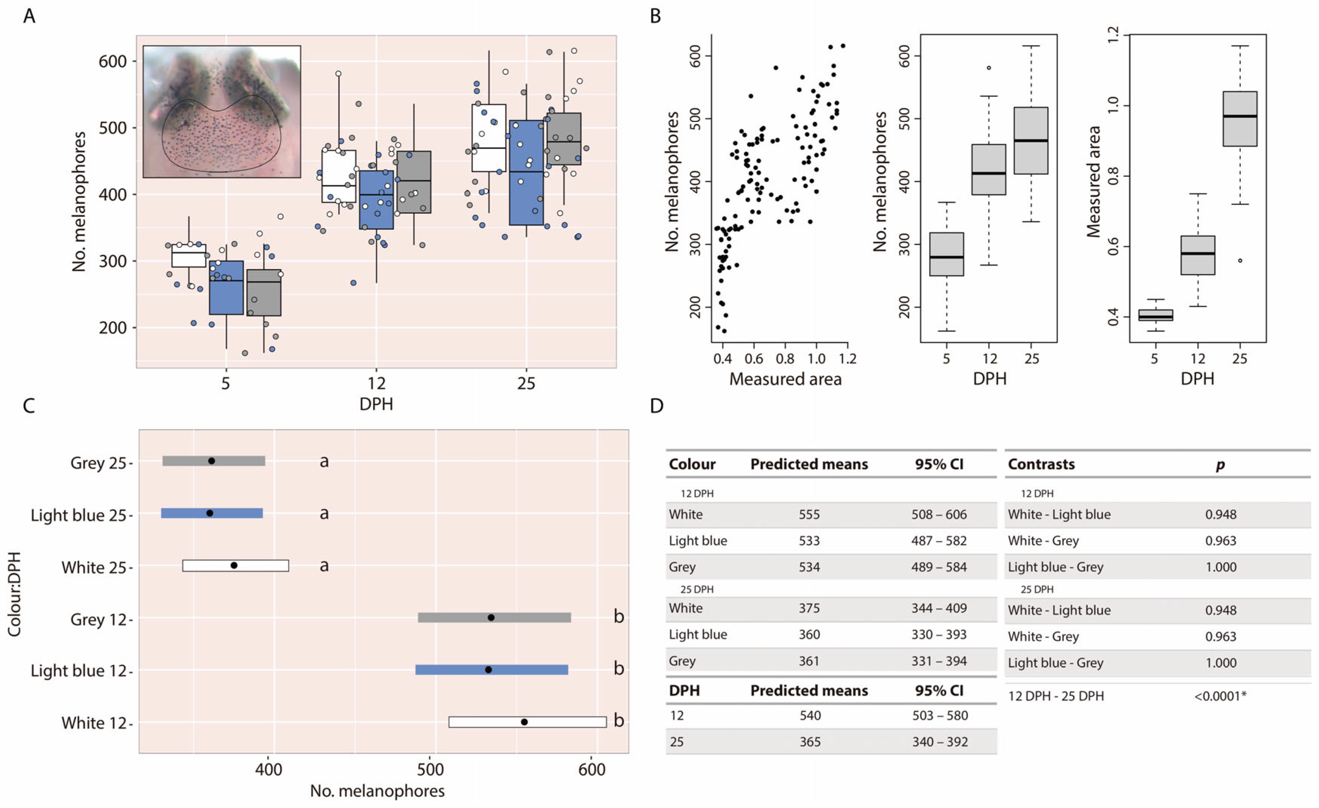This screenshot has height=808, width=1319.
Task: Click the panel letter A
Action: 29,16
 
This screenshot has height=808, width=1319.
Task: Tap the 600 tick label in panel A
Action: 113,62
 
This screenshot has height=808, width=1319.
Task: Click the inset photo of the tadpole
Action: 222,111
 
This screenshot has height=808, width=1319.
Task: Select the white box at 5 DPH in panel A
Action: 189,255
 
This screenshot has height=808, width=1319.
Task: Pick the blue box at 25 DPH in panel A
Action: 526,172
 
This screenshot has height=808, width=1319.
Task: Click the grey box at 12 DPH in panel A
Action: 414,182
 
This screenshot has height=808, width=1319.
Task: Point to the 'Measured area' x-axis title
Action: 785,379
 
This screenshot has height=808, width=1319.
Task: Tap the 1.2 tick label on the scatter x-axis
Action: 848,358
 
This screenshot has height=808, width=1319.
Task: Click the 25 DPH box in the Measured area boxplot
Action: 1240,119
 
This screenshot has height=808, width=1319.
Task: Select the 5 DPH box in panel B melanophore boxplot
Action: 946,254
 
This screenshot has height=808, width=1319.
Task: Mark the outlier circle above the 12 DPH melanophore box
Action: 989,68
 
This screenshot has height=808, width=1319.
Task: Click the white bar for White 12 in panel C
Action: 527,722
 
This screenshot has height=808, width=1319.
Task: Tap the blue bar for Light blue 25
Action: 212,513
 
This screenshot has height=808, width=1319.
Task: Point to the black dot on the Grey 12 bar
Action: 491,618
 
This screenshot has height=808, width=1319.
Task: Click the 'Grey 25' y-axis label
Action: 98,462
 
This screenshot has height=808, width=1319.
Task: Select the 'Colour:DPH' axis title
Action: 14,594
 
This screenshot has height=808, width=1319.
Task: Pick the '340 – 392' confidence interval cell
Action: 940,742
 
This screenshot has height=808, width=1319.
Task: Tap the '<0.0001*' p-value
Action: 1220,696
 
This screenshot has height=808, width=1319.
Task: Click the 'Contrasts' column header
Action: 1041,464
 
